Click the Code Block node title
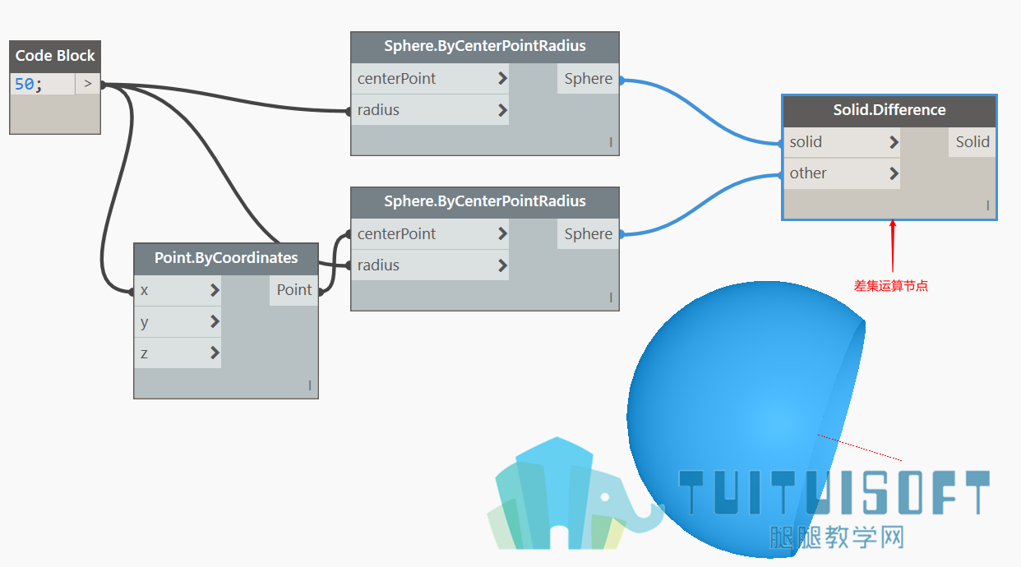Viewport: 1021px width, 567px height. pos(55,56)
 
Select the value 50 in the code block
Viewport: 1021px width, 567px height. pos(24,84)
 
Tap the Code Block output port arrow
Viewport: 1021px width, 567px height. pos(88,84)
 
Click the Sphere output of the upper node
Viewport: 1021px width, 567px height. pos(588,78)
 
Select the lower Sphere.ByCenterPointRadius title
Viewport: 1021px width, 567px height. pos(484,201)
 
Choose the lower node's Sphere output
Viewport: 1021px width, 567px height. pos(588,234)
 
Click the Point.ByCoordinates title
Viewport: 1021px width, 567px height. pos(226,257)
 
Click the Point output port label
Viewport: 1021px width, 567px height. pos(294,290)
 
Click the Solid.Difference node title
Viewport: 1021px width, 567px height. pos(889,110)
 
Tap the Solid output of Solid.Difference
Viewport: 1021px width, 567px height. pos(972,141)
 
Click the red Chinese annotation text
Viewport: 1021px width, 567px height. pos(890,286)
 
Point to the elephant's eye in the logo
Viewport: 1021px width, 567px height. pos(605,497)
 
